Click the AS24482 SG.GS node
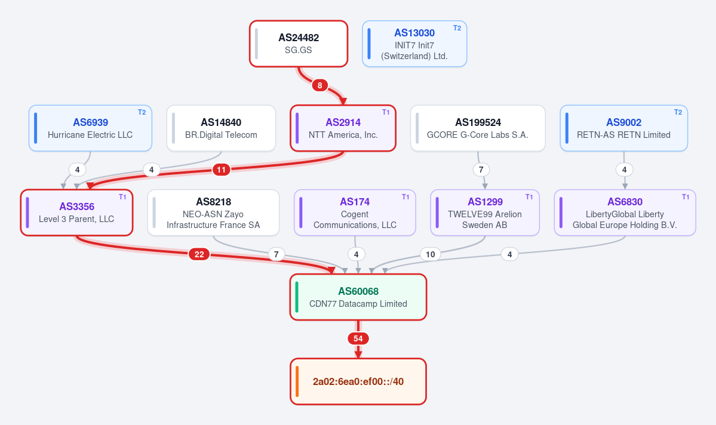(299, 44)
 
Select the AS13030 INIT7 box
(414, 44)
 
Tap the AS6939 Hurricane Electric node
(90, 128)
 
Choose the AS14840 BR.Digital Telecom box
(221, 128)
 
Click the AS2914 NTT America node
(343, 128)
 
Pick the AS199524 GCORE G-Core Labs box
(478, 128)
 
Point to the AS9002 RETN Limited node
(624, 128)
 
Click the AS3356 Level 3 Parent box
(76, 213)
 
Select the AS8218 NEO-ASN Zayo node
(213, 213)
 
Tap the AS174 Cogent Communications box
(355, 213)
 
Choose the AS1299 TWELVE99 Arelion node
(485, 213)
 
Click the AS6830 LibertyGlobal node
(625, 213)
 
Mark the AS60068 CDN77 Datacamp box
(358, 297)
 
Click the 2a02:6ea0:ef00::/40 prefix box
(358, 381)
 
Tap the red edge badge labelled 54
(358, 338)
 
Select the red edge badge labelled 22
(199, 254)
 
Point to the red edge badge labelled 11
(221, 170)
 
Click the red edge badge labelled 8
(319, 85)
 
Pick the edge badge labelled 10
(430, 254)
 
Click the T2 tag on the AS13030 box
(457, 28)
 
